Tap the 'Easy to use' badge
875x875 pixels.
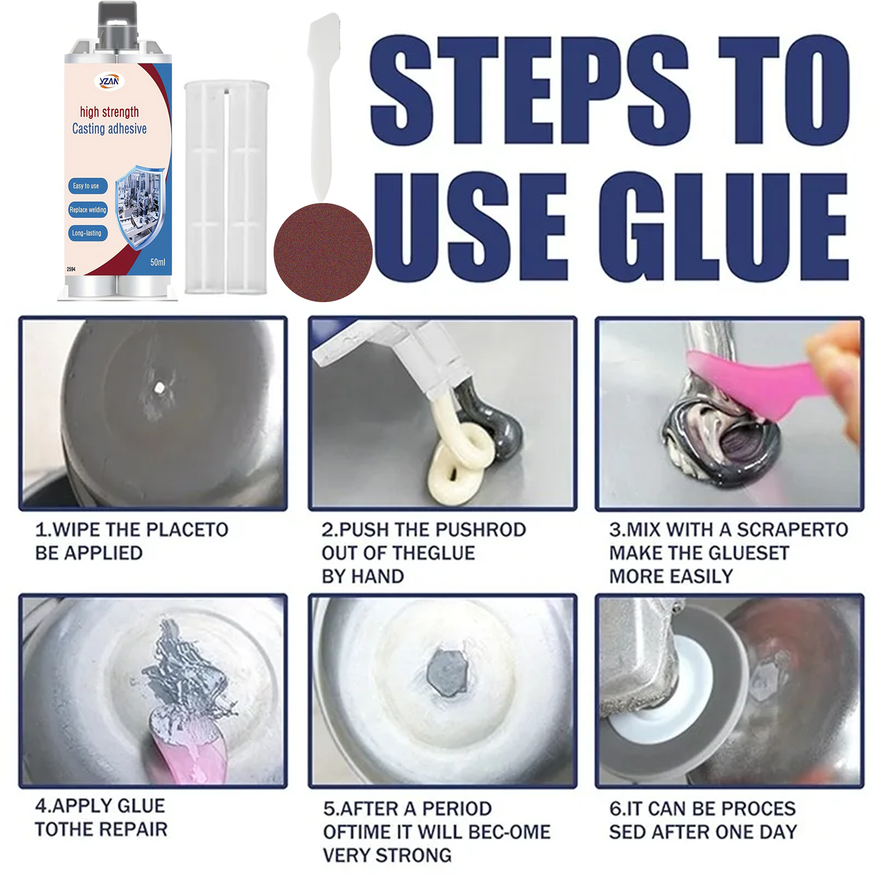pos(86,186)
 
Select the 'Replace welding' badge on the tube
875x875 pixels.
pos(88,210)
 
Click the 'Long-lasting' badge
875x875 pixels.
pos(87,233)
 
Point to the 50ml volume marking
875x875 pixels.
pos(157,262)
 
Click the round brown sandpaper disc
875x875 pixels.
pos(323,252)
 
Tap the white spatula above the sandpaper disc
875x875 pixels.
pos(323,108)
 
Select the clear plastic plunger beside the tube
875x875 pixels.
pos(226,187)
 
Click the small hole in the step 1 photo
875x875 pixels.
pos(159,387)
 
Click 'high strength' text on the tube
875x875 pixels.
pos(109,112)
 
